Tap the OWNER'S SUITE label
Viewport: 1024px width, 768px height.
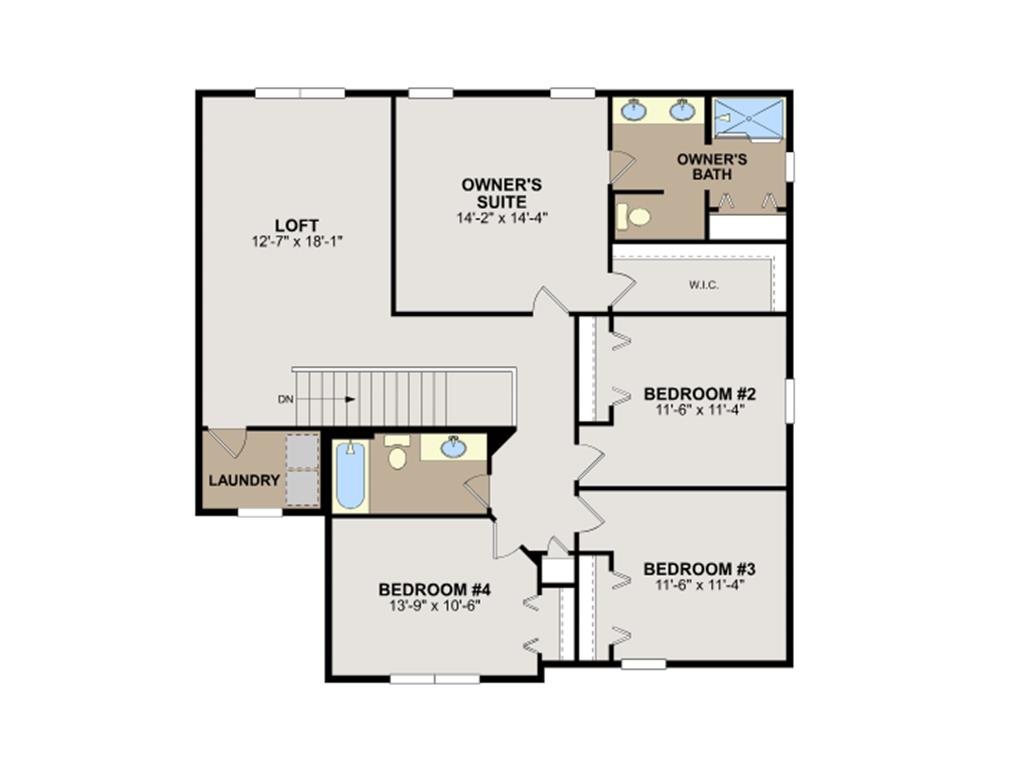click(x=502, y=193)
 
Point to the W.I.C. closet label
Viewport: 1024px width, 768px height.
click(x=704, y=285)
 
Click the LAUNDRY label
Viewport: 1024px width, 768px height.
click(x=244, y=481)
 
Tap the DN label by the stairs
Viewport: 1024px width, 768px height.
click(x=285, y=400)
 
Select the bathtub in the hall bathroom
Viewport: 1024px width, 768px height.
click(x=351, y=475)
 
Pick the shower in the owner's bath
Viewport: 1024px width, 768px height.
click(x=748, y=118)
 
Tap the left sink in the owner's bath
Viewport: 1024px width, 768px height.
click(x=633, y=110)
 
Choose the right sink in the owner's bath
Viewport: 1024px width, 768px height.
click(x=682, y=110)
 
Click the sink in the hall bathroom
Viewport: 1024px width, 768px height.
click(x=453, y=447)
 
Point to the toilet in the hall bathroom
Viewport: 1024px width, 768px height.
click(x=396, y=452)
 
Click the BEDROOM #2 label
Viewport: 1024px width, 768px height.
click(x=699, y=394)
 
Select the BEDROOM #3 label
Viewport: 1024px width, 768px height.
click(x=699, y=569)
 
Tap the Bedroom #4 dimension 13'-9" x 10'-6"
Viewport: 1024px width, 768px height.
click(x=435, y=605)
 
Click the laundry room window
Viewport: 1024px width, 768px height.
click(x=260, y=513)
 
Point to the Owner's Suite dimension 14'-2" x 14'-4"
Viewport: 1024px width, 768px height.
click(x=502, y=217)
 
